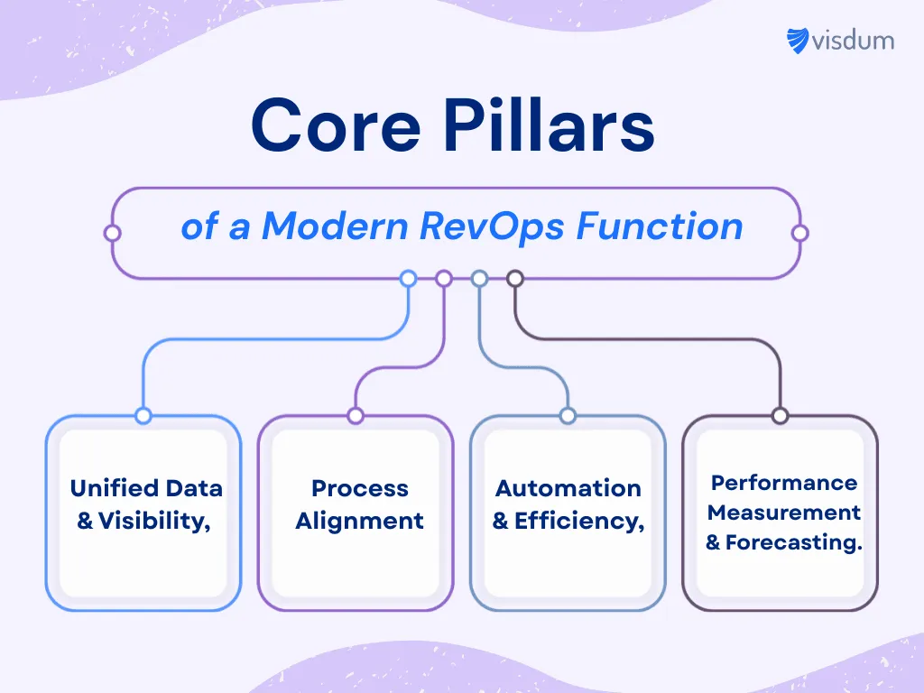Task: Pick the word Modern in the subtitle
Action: [337, 226]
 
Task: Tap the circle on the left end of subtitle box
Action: [113, 233]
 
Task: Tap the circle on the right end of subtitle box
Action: [799, 233]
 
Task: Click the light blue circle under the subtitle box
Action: [408, 279]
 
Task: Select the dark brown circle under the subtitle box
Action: [515, 279]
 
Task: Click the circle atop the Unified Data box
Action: [143, 416]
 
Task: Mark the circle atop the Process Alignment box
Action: [356, 416]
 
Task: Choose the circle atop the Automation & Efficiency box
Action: [568, 416]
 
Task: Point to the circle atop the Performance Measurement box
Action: [781, 416]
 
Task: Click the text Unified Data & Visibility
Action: [145, 504]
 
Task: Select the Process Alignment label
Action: [359, 504]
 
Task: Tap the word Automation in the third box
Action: [568, 488]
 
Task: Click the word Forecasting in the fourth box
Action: [794, 543]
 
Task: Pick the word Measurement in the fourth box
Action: [783, 513]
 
